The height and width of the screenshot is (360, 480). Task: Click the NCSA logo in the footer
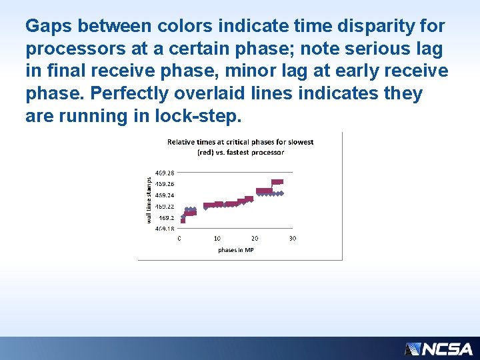(439, 349)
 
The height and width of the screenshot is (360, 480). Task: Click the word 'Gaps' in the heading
(49, 27)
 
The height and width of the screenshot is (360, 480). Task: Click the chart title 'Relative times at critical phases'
(240, 142)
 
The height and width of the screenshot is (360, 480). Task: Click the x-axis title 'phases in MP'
(235, 250)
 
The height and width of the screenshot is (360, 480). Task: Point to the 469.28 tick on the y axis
(165, 173)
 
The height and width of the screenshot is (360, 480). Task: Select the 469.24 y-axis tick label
(165, 195)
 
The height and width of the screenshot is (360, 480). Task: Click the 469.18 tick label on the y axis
(165, 229)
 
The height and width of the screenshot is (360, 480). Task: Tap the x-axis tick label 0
(179, 238)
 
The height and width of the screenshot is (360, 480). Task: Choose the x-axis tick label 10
(217, 238)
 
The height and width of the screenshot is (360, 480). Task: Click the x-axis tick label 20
(255, 238)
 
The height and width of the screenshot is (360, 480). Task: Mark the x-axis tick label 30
(293, 238)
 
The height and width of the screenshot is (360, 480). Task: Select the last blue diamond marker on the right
(281, 193)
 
